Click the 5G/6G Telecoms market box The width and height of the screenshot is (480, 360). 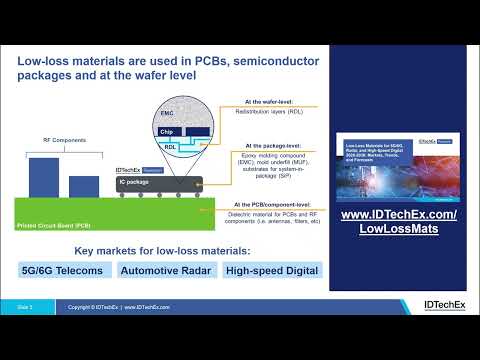click(63, 270)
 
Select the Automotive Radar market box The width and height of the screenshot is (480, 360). click(165, 270)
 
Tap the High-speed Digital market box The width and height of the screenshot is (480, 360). click(272, 270)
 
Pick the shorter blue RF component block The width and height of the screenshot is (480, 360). click(84, 186)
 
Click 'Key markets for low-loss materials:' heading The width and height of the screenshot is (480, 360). click(169, 248)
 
